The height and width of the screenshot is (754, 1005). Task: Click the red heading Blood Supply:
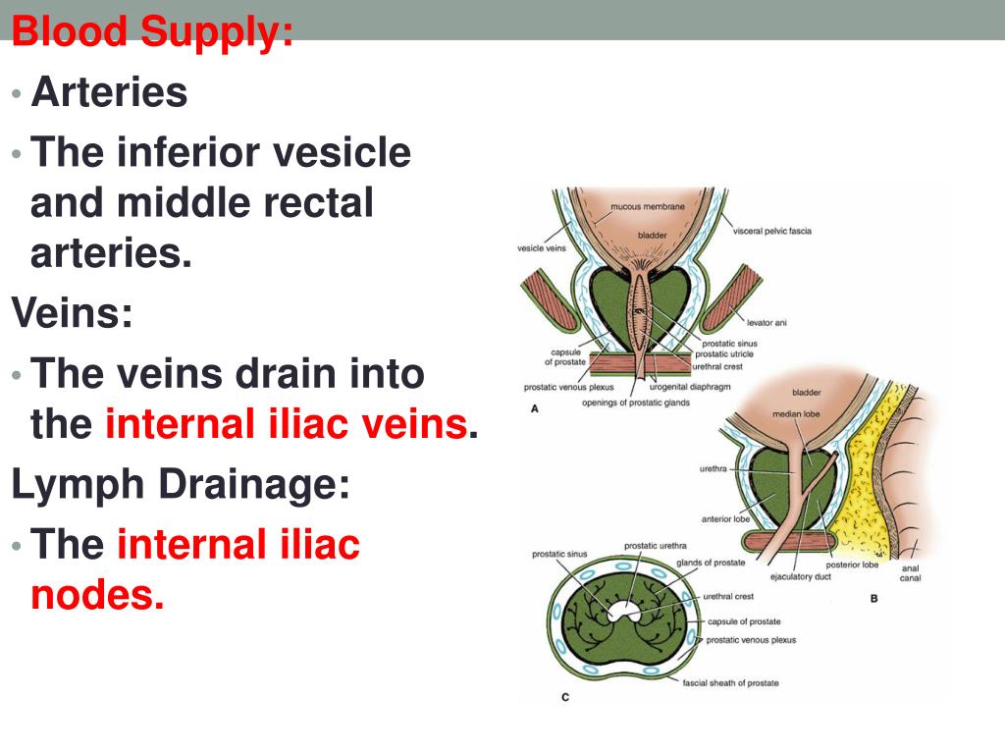point(152,32)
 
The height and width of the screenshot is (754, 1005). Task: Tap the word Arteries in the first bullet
point(109,93)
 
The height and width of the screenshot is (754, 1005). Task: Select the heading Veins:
point(72,314)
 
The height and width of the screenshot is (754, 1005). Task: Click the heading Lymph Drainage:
point(181,484)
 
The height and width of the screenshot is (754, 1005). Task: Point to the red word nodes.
point(97,594)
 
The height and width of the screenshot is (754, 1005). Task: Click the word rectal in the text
point(314,203)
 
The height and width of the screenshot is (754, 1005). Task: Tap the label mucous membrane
point(648,206)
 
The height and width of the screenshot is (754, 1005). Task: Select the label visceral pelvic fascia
point(772,232)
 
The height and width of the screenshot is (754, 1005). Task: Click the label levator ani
point(767,322)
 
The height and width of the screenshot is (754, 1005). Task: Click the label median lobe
point(795,413)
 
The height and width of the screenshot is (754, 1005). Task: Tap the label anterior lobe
point(725,519)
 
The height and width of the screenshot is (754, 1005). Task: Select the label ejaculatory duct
point(800,576)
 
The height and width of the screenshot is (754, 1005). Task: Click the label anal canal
point(910,572)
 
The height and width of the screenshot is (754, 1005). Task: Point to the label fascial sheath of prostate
point(730,682)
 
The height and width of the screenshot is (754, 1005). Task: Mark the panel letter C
point(565,698)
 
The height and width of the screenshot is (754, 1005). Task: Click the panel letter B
point(873,597)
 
